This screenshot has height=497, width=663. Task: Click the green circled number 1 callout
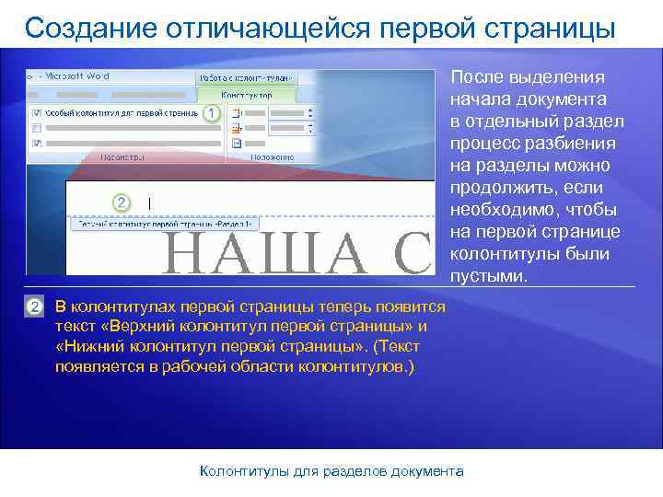(x=212, y=113)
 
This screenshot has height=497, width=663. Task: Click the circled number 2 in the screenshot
(x=120, y=202)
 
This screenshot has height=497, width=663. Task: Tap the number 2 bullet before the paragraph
(x=34, y=306)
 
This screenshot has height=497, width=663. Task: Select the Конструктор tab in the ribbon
(x=247, y=95)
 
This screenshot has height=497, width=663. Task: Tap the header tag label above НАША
(x=167, y=224)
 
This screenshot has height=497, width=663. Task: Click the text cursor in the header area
(x=149, y=203)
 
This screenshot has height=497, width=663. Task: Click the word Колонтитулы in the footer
(x=246, y=471)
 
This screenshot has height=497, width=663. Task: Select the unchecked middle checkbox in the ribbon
(x=36, y=128)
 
